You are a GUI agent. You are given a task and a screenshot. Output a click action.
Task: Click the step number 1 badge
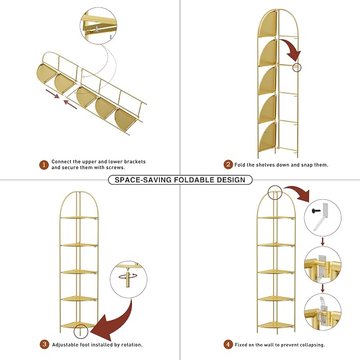(44, 165)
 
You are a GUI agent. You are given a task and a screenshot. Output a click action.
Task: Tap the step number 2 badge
(228, 164)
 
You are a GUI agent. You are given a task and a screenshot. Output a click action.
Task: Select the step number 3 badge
(45, 345)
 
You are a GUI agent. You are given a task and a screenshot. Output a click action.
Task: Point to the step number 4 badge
(228, 345)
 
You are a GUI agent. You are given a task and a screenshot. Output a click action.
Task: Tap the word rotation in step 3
(131, 345)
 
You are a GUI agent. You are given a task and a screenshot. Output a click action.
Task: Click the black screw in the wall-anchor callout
(316, 210)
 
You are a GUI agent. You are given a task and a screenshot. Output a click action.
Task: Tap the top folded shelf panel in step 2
(268, 23)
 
